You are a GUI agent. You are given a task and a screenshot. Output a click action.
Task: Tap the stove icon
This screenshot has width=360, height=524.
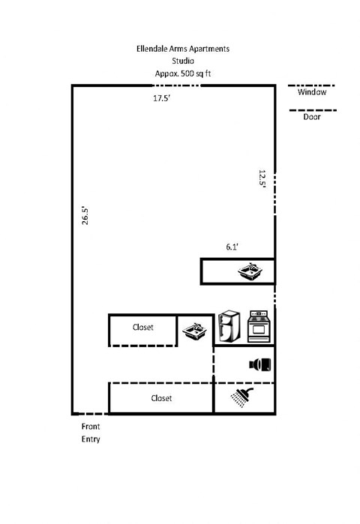click(x=258, y=327)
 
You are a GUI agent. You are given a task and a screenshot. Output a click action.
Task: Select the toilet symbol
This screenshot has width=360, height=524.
click(x=260, y=364)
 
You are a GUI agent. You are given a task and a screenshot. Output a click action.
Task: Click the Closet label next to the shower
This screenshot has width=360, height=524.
click(x=161, y=398)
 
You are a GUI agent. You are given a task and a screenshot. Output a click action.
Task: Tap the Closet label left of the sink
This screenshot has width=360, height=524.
click(x=142, y=328)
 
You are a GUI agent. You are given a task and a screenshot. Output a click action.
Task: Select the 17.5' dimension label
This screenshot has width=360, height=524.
click(x=162, y=98)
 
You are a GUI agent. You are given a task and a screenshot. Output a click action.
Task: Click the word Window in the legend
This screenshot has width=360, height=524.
click(x=312, y=94)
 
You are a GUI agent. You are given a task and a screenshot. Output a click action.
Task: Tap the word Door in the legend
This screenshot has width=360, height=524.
click(x=312, y=118)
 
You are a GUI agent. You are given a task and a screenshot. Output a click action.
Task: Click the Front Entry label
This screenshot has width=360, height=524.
click(x=91, y=433)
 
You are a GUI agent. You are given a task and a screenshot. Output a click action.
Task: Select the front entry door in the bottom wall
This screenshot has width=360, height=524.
click(x=91, y=414)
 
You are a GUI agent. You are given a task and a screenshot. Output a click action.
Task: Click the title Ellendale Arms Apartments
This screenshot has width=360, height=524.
click(x=178, y=49)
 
